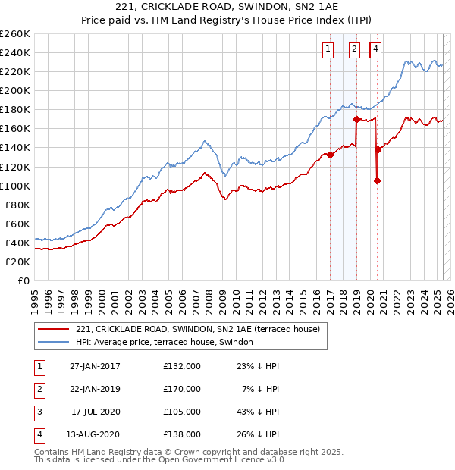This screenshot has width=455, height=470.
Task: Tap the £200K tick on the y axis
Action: [15, 90]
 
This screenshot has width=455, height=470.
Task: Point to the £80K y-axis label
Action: [17, 205]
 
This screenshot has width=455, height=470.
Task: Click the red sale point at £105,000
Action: [377, 180]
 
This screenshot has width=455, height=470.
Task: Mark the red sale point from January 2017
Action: [330, 155]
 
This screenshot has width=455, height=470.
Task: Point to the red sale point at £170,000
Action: [356, 119]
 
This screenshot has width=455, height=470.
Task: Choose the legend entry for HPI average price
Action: [168, 343]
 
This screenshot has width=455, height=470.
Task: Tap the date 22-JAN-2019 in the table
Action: [95, 389]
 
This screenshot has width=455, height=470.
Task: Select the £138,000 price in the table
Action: [182, 434]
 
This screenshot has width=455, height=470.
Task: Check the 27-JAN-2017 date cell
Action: [95, 366]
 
